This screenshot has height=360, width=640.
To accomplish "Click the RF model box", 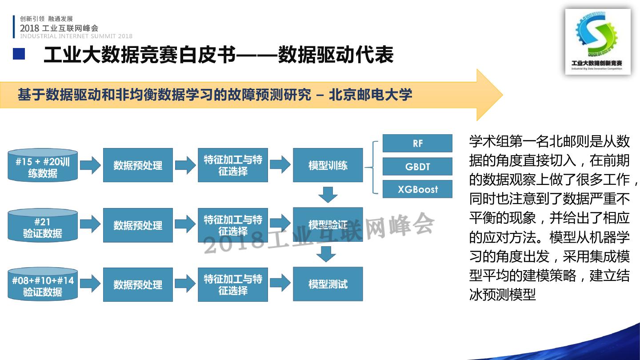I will click(417, 143).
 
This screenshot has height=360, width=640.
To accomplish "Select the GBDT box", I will click(417, 167).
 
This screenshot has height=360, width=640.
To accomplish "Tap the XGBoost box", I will click(417, 189).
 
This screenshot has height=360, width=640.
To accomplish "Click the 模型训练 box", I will click(328, 165).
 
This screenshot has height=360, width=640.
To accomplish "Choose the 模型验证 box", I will click(328, 225).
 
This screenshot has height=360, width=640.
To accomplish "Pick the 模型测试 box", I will click(328, 284).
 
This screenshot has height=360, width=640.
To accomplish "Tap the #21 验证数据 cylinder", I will click(43, 226).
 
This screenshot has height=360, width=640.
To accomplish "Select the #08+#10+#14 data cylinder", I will click(43, 285).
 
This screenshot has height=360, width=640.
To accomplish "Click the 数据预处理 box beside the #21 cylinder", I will click(138, 225).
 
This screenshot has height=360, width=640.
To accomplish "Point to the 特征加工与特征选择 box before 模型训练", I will click(233, 165).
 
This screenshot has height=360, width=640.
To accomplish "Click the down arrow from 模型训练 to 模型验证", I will click(328, 195).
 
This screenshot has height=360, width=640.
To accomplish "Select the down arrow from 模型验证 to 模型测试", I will click(328, 254).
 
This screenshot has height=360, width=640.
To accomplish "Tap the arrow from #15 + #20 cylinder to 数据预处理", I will click(90, 165).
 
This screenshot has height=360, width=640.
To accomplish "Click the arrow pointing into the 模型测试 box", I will click(280, 284).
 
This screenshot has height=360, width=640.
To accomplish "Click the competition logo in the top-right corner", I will click(597, 41).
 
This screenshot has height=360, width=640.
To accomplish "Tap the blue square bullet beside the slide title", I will click(19, 54).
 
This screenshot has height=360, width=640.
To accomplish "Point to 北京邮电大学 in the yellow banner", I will click(370, 95).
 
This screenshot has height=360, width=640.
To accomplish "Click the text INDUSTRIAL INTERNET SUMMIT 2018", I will click(76, 36).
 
